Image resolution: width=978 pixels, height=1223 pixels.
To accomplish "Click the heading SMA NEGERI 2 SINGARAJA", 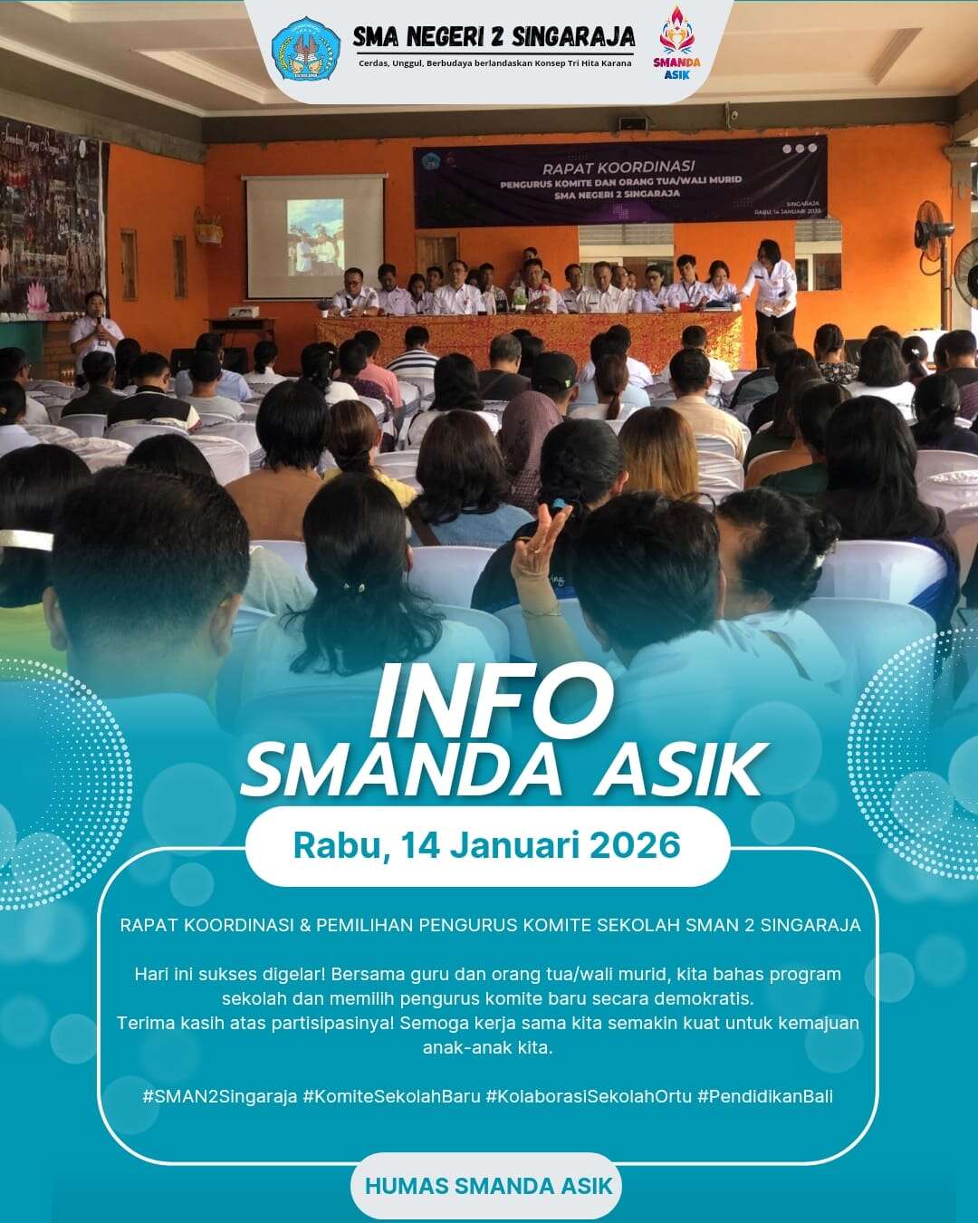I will (494, 37).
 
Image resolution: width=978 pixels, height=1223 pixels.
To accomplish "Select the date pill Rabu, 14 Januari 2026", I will (487, 845).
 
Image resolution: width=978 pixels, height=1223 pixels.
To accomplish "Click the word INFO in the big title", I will (490, 702).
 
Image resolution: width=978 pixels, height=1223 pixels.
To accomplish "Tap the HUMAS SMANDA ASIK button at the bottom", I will (488, 1186).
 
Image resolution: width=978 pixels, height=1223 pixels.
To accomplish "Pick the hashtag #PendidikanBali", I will (765, 1096).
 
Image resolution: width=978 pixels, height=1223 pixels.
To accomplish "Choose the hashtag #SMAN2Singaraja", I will (220, 1096).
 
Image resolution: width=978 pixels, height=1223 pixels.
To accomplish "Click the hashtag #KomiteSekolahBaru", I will (391, 1096).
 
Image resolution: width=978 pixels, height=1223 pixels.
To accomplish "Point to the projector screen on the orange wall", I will (315, 236).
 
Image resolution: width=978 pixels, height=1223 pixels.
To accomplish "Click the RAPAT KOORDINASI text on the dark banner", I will (618, 167).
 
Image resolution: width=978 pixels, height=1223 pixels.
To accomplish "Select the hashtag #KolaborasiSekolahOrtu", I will (589, 1096).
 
